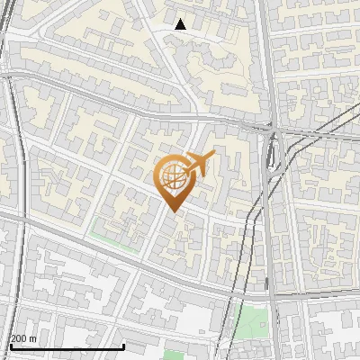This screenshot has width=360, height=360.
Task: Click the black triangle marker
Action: tap(181, 24)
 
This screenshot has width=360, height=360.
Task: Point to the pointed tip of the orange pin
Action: tap(173, 211)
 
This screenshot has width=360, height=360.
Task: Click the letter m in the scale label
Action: tap(33, 338)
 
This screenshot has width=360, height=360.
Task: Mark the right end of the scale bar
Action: tap(123, 346)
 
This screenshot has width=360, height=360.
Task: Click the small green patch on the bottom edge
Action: tap(174, 355)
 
